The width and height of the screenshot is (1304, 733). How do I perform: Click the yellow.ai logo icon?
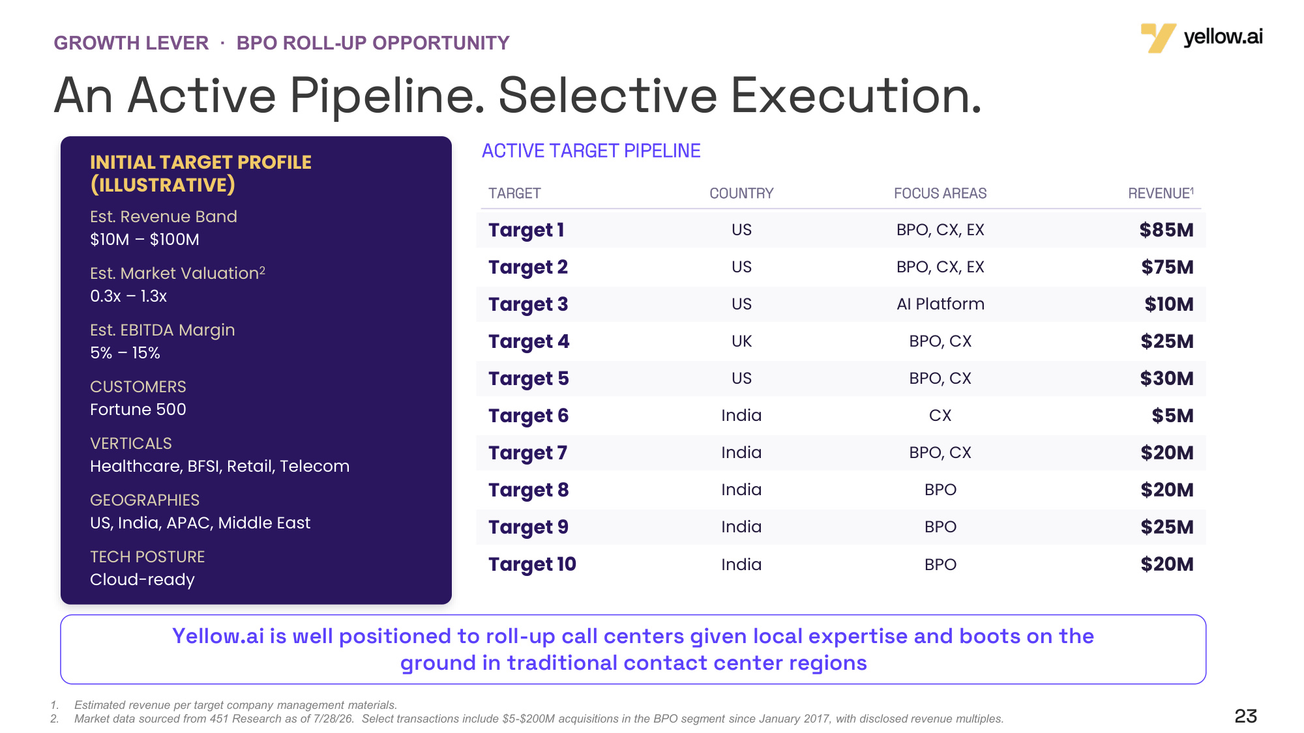coord(1158,38)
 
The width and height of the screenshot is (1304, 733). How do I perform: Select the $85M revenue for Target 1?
coord(1166,230)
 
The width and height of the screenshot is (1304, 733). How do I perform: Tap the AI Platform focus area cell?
coord(940,304)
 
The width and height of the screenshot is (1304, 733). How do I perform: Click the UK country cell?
coord(741,341)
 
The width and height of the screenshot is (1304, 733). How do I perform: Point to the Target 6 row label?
coord(528,416)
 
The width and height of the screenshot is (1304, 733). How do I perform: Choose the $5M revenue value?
coord(1172,416)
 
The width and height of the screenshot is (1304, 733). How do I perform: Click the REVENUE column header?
coord(1161,193)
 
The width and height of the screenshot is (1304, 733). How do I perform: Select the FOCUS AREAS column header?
coord(940,194)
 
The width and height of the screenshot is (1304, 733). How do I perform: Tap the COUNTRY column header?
coord(741,194)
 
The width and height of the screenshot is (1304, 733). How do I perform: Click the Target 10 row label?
coord(532,564)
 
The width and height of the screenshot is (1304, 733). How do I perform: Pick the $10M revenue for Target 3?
coord(1169,304)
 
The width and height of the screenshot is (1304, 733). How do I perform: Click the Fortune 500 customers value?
coord(138,410)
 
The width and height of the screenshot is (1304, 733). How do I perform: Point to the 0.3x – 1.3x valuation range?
coord(128,296)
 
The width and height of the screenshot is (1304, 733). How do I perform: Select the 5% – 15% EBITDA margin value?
coord(125,353)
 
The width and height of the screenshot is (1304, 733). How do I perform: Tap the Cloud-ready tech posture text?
coord(142,580)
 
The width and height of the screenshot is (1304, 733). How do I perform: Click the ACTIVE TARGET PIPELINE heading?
coord(591,151)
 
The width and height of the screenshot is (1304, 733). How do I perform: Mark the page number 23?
coord(1245,716)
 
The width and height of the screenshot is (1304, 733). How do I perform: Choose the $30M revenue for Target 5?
coord(1166,379)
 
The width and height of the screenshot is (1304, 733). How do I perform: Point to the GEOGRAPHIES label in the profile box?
coord(145,500)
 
